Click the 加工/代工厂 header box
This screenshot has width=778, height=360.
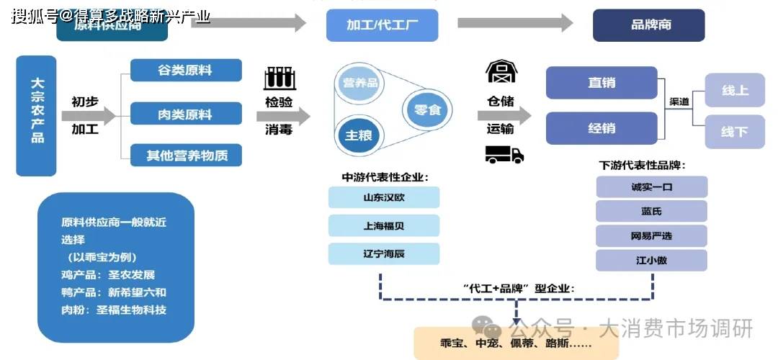(x=382, y=25)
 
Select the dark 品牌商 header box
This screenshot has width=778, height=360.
(x=648, y=25)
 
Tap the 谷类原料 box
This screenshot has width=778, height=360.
(x=186, y=71)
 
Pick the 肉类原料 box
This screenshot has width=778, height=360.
(x=186, y=114)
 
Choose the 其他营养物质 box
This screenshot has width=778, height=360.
(x=186, y=155)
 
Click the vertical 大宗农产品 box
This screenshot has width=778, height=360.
(x=36, y=115)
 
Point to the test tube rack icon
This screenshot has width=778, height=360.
(x=280, y=78)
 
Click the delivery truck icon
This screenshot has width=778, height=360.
(x=504, y=153)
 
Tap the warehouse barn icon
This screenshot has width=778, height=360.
(x=501, y=72)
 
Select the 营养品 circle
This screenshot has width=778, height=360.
(x=360, y=84)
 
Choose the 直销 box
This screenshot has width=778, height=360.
(x=602, y=83)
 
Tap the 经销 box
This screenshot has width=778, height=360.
(x=602, y=129)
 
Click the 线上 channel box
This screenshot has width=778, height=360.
(x=734, y=91)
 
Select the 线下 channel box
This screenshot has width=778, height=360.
(x=734, y=132)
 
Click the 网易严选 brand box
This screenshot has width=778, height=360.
(x=651, y=235)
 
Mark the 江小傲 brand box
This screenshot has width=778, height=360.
(x=651, y=261)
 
